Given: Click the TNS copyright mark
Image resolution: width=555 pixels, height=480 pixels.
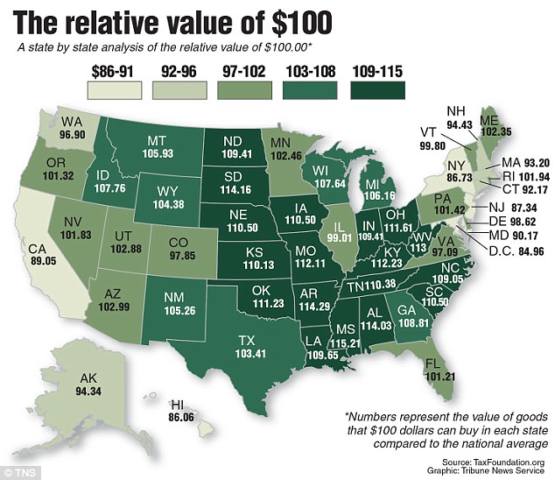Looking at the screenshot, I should pos(18,471).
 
